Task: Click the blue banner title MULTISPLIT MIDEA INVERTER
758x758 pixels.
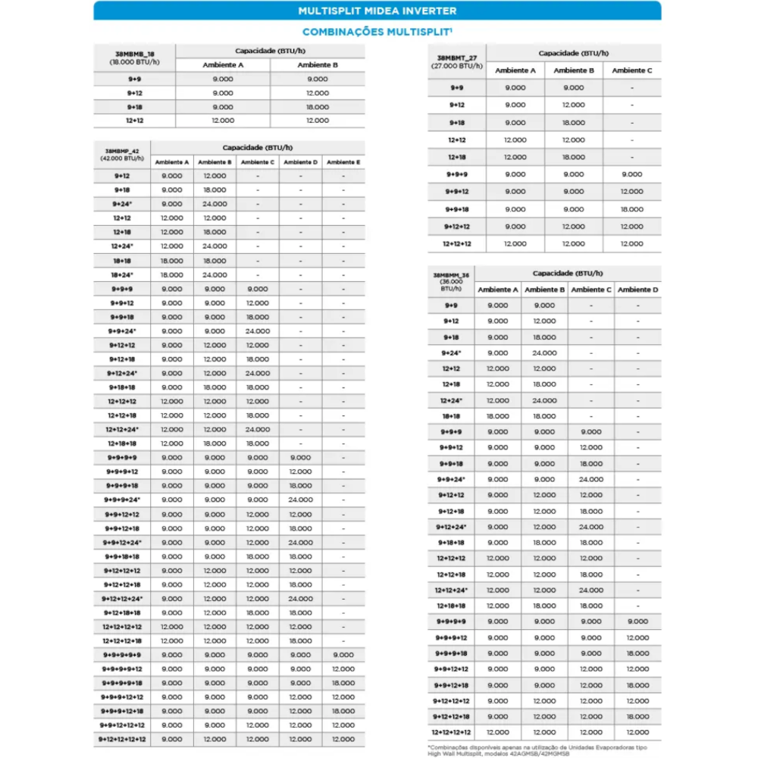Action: click(x=377, y=11)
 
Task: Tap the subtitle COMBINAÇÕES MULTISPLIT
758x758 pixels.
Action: click(x=377, y=32)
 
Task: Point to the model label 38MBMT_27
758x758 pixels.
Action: click(x=457, y=58)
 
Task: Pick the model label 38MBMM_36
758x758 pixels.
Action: click(x=451, y=276)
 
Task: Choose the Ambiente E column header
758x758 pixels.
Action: click(x=343, y=162)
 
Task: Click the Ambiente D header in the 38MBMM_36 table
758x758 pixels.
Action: click(x=637, y=290)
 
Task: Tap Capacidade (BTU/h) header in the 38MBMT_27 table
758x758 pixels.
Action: click(x=573, y=53)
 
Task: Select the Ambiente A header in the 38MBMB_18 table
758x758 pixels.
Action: click(x=223, y=65)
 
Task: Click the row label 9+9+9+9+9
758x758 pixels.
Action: click(x=121, y=655)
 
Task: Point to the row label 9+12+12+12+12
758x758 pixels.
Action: click(x=121, y=739)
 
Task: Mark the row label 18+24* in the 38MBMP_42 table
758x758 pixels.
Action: click(x=121, y=275)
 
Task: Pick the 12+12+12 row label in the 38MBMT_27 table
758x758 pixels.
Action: click(x=456, y=244)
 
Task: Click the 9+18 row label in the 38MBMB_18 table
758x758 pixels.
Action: click(x=134, y=107)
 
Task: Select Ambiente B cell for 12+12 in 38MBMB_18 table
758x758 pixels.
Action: click(x=318, y=121)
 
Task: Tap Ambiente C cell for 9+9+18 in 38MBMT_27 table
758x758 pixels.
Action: click(x=631, y=209)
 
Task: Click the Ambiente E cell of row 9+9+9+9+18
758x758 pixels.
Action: click(x=343, y=683)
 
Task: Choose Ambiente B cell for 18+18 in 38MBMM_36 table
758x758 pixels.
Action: click(x=544, y=416)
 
